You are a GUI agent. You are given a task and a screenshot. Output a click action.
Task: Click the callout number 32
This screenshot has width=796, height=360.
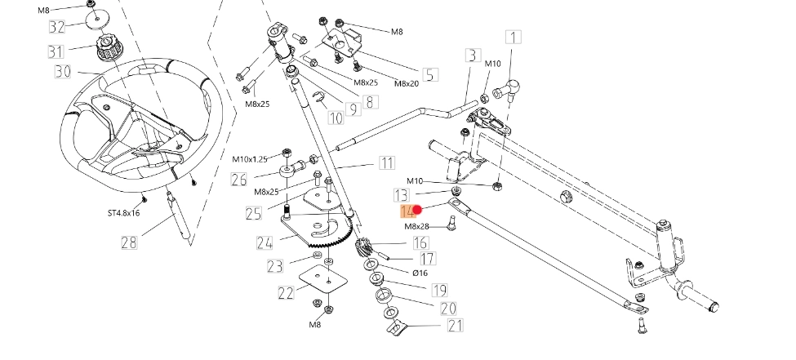tap(56, 26)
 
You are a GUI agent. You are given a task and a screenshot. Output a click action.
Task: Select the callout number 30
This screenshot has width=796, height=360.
tap(63, 72)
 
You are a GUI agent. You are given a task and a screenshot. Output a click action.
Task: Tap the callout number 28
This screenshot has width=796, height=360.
tap(129, 242)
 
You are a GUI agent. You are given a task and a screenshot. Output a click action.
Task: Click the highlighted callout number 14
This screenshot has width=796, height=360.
tap(407, 211)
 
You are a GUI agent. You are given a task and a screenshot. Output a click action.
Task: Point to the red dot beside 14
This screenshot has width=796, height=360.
tap(418, 211)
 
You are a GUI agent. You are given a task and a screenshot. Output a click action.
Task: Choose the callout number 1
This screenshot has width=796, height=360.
tap(514, 37)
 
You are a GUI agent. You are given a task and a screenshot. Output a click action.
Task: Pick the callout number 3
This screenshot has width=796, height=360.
tap(472, 56)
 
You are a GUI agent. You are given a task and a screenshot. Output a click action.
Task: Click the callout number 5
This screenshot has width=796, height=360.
tap(429, 74)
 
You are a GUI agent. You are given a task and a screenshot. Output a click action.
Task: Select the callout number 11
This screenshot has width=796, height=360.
tap(386, 163)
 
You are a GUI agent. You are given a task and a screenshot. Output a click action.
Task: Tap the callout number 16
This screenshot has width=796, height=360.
tap(420, 242)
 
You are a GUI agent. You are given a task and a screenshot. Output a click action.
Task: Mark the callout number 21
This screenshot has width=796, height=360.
tap(455, 327)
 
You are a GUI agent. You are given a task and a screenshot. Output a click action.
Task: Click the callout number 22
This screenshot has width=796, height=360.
tap(286, 293)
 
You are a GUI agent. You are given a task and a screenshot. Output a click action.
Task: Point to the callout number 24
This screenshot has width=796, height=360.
tap(264, 242)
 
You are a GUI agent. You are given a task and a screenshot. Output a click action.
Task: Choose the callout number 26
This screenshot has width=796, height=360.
tap(238, 179)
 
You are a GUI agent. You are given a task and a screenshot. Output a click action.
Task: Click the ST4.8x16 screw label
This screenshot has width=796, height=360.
tap(124, 213)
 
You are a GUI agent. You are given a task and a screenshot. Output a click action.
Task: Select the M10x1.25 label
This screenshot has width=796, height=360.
tap(250, 158)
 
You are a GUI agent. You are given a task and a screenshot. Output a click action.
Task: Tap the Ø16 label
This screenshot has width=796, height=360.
tap(420, 273)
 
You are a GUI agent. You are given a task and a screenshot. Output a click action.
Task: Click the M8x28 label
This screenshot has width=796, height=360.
tap(417, 226)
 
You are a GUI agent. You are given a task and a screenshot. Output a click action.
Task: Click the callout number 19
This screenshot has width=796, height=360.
tap(439, 290)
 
